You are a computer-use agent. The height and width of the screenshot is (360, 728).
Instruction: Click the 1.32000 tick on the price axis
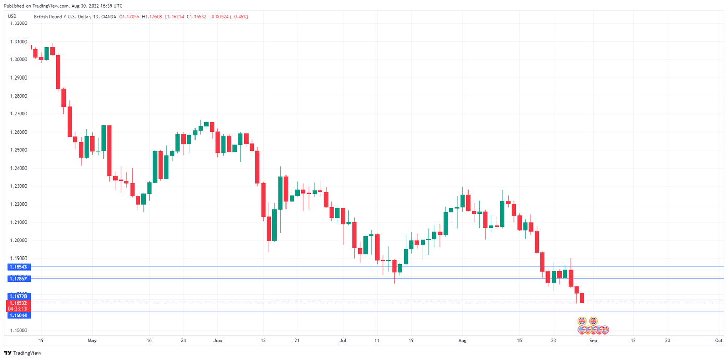click(x=19, y=23)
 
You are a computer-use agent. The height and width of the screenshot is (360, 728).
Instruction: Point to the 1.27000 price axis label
click(x=19, y=114)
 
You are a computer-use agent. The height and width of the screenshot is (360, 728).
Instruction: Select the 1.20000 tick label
click(x=19, y=240)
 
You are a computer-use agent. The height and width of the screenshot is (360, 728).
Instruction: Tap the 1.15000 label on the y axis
click(x=19, y=331)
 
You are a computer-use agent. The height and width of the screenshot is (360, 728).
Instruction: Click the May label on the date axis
click(x=92, y=341)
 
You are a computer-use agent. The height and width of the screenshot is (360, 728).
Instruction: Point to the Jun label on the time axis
click(x=217, y=341)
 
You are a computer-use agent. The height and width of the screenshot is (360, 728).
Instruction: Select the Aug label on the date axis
click(x=462, y=341)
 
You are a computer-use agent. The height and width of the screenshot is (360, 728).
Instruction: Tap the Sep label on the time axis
click(x=594, y=341)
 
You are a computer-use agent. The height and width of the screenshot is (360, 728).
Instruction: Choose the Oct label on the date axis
click(x=718, y=341)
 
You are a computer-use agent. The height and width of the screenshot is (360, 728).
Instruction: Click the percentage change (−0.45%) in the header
click(x=238, y=17)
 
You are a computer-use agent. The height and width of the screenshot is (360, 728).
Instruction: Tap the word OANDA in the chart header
click(x=108, y=17)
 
